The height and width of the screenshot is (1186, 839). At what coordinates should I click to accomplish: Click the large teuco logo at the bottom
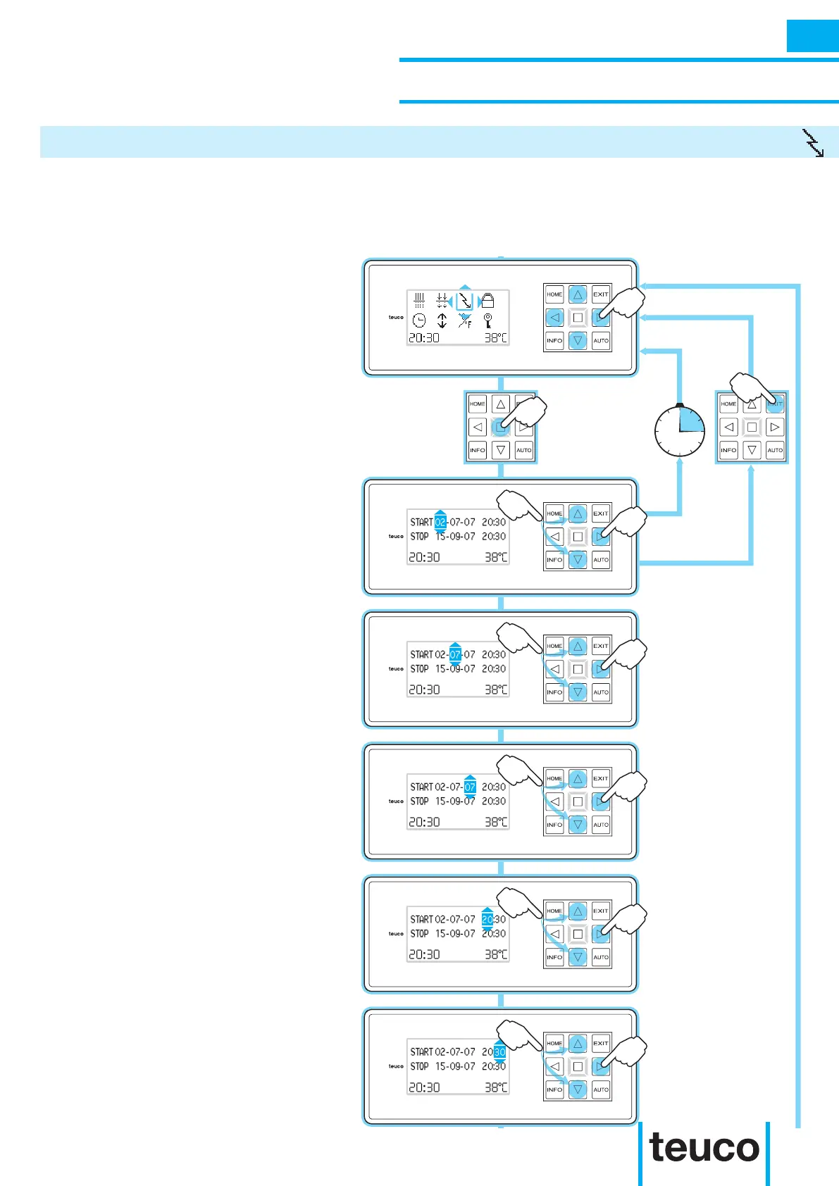[x=704, y=1148]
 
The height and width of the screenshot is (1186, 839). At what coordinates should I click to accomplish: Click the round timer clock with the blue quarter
[x=680, y=431]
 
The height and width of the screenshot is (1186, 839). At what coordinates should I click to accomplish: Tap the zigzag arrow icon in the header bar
[x=814, y=143]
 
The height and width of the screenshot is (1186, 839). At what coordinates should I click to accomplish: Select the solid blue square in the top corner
[x=812, y=36]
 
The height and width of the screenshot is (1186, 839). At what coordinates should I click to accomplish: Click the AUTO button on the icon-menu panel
[x=601, y=341]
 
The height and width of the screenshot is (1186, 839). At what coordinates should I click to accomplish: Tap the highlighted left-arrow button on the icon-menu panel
[x=554, y=318]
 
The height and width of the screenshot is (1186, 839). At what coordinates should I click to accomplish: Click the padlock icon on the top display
[x=487, y=301]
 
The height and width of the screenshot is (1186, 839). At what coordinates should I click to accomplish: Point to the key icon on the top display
[x=487, y=321]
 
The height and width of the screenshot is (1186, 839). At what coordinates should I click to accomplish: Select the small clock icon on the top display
[x=419, y=321]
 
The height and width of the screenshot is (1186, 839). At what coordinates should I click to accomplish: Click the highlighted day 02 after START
[x=440, y=523]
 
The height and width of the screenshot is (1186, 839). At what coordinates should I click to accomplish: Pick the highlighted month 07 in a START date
[x=455, y=655]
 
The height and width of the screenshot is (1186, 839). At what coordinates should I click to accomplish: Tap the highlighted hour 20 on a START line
[x=487, y=920]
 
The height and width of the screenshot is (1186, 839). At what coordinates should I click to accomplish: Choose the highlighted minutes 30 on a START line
[x=499, y=1052]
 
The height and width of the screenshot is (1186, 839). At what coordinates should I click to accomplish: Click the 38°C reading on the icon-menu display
[x=495, y=338]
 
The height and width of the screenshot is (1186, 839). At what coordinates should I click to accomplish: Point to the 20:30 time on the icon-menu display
[x=424, y=338]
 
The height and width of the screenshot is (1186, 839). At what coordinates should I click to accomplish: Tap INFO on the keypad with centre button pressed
[x=478, y=450]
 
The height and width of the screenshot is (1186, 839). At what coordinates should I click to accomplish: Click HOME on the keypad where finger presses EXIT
[x=728, y=404]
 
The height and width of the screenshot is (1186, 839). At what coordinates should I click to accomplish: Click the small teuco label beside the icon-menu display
[x=396, y=318]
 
